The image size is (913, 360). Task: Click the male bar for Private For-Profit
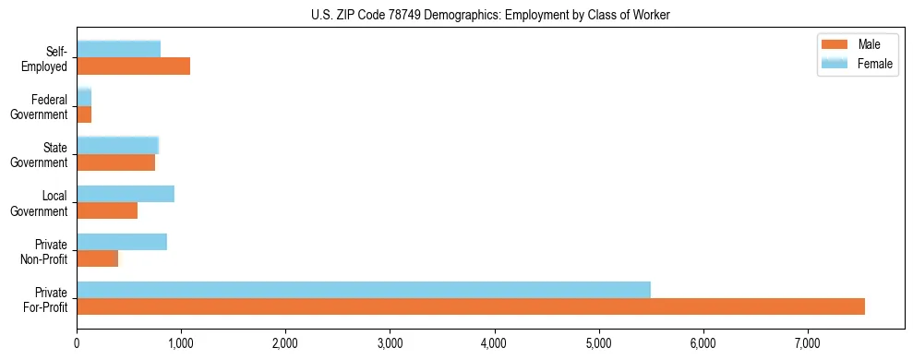pyautogui.click(x=471, y=306)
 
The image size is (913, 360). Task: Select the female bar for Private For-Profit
pyautogui.click(x=364, y=290)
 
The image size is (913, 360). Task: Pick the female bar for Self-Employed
pyautogui.click(x=118, y=49)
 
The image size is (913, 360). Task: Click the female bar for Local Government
pyautogui.click(x=126, y=194)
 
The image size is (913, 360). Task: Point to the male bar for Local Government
pyautogui.click(x=107, y=210)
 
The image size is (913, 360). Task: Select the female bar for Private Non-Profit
pyautogui.click(x=122, y=242)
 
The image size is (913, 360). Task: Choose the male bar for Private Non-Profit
pyautogui.click(x=97, y=258)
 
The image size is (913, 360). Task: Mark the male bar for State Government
pyautogui.click(x=115, y=162)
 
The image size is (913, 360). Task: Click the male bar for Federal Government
pyautogui.click(x=84, y=114)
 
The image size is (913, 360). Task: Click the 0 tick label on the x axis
pyautogui.click(x=77, y=344)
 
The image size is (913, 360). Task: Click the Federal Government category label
pyautogui.click(x=40, y=107)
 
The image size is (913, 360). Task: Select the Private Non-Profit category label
pyautogui.click(x=42, y=251)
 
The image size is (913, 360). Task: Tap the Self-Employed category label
pyautogui.click(x=43, y=59)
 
